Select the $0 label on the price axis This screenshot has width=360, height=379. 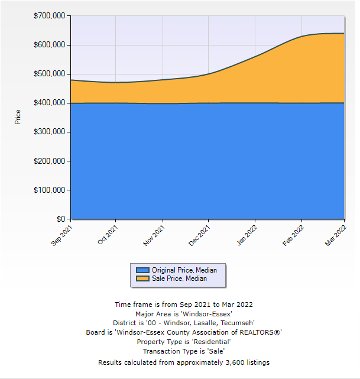(x=60, y=219)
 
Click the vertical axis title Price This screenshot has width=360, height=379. (x=18, y=116)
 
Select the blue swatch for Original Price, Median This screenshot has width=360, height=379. (x=142, y=270)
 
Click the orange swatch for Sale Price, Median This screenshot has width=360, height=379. (x=142, y=278)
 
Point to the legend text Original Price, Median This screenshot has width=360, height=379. (x=184, y=270)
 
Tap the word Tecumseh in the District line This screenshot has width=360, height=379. (x=235, y=323)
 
